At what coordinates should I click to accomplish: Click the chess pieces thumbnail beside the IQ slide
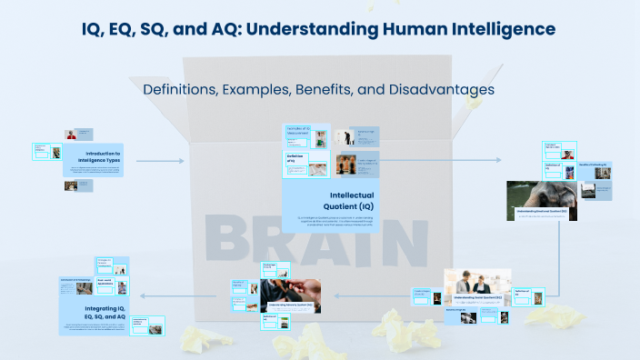[345, 164]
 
